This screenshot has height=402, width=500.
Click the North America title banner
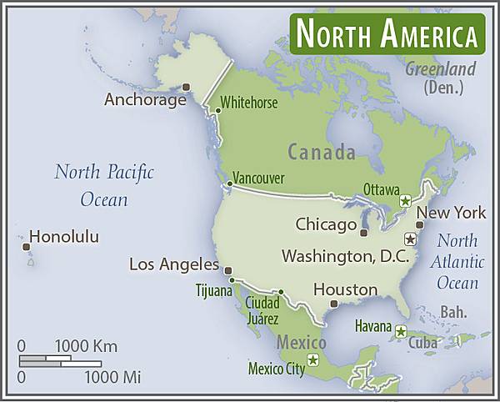click(x=387, y=34)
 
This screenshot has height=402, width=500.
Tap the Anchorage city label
click(x=145, y=100)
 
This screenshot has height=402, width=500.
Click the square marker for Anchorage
click(x=187, y=87)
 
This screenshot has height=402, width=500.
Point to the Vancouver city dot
click(x=230, y=183)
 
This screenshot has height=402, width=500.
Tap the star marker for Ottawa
click(x=405, y=201)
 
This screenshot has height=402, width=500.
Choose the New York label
click(x=451, y=212)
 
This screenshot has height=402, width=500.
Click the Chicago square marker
click(x=363, y=233)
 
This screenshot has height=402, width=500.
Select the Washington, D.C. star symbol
click(x=409, y=239)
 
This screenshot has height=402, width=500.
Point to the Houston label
click(x=345, y=289)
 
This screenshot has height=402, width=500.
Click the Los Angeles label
click(x=174, y=264)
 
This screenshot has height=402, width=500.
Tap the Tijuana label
click(x=215, y=291)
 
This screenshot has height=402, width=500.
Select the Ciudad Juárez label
click(x=262, y=309)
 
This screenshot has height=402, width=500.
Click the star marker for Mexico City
click(x=313, y=360)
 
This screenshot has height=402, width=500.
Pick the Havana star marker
click(x=401, y=332)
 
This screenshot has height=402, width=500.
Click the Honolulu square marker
click(x=26, y=246)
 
